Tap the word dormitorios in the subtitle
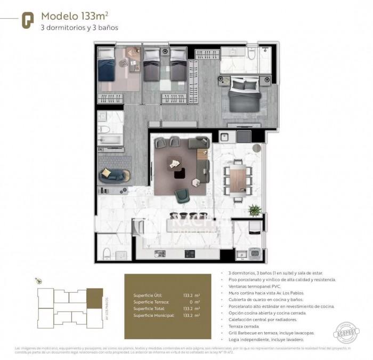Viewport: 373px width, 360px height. [67, 27]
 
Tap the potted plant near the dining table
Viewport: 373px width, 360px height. [255, 210]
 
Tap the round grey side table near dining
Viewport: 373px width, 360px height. [257, 147]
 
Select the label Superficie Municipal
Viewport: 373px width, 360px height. [151, 315]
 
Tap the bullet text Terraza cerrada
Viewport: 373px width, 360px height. [240, 321]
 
